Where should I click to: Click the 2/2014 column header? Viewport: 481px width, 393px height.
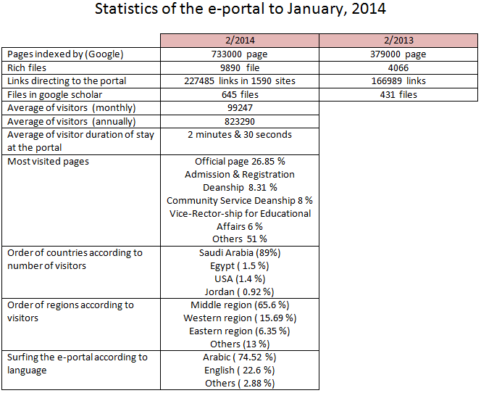(x=240, y=41)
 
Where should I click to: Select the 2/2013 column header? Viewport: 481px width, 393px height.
(x=398, y=41)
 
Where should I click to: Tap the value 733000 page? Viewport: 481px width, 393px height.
(x=239, y=54)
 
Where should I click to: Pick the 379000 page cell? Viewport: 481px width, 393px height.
(x=398, y=54)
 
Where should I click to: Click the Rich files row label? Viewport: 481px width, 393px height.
(x=27, y=67)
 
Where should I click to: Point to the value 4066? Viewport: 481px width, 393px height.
(x=398, y=68)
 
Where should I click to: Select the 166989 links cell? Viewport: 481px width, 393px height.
(x=398, y=81)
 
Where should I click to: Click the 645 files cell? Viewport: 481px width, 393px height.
(x=240, y=94)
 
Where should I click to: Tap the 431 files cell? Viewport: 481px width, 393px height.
(x=398, y=94)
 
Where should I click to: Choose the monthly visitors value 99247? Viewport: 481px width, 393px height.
(x=240, y=108)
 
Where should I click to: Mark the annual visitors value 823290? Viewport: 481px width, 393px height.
(x=240, y=122)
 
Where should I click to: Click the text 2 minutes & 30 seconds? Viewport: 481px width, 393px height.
(x=240, y=135)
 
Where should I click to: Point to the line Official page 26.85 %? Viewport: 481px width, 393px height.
(x=240, y=162)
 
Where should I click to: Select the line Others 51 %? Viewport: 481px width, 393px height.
(x=240, y=239)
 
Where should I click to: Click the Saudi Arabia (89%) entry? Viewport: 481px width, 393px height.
(x=240, y=252)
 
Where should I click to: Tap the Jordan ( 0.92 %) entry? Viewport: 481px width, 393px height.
(x=239, y=291)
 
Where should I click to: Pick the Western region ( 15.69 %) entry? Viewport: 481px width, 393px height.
(x=240, y=318)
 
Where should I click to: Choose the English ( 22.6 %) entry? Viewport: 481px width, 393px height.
(x=239, y=371)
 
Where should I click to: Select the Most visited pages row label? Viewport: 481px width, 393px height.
(x=48, y=162)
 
